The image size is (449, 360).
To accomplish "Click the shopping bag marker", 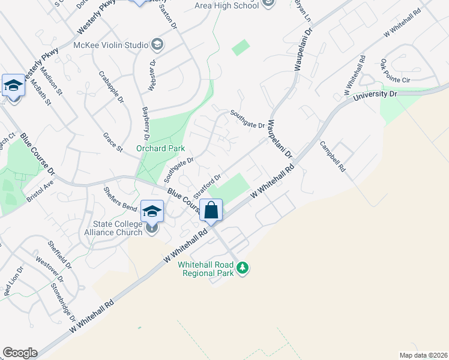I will pyautogui.click(x=211, y=211).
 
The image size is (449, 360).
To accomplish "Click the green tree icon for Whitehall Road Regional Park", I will pyautogui.click(x=243, y=267).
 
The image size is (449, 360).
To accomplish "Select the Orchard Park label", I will pyautogui.click(x=160, y=148).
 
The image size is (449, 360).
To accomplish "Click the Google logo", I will pyautogui.click(x=20, y=353).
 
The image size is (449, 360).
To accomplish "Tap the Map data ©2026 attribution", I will pyautogui.click(x=423, y=355).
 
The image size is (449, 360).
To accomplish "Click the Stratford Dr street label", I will pyautogui.click(x=208, y=182).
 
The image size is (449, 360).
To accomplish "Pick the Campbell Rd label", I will pyautogui.click(x=332, y=157).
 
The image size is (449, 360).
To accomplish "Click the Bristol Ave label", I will pyautogui.click(x=40, y=191).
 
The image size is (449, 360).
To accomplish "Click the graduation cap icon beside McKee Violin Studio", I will pyautogui.click(x=157, y=44).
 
